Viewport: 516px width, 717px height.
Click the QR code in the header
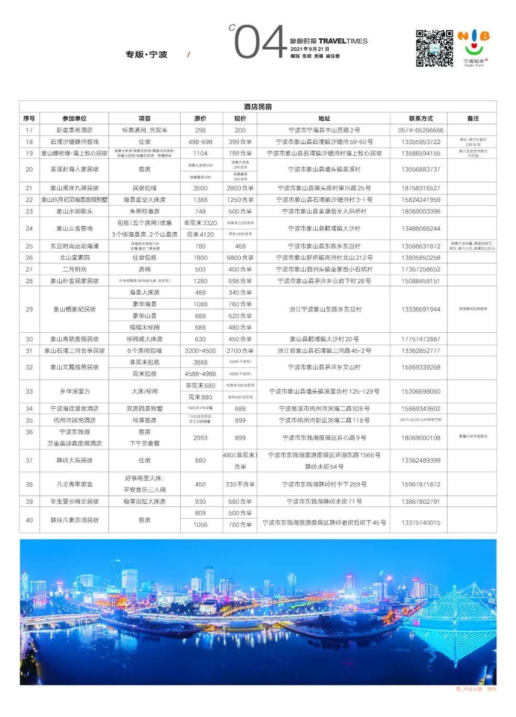(x=434, y=48)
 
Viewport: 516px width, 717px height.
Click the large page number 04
(x=260, y=43)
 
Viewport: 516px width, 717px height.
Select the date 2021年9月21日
(x=310, y=49)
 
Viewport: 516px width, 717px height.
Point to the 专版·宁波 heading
(x=146, y=54)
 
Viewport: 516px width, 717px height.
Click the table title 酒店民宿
(x=258, y=107)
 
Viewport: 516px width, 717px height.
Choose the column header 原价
(x=200, y=119)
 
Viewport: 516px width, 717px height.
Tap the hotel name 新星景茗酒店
(x=75, y=130)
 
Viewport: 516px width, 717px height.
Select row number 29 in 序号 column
(x=29, y=309)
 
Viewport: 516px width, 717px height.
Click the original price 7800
(x=200, y=258)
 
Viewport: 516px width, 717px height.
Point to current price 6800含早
(x=240, y=258)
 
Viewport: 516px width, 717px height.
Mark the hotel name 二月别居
(x=75, y=270)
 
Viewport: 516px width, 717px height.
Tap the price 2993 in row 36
(x=200, y=438)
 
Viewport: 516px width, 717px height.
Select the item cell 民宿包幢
(x=144, y=188)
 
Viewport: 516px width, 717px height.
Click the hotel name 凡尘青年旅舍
(x=75, y=484)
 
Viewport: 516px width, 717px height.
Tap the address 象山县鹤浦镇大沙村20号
(x=324, y=339)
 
